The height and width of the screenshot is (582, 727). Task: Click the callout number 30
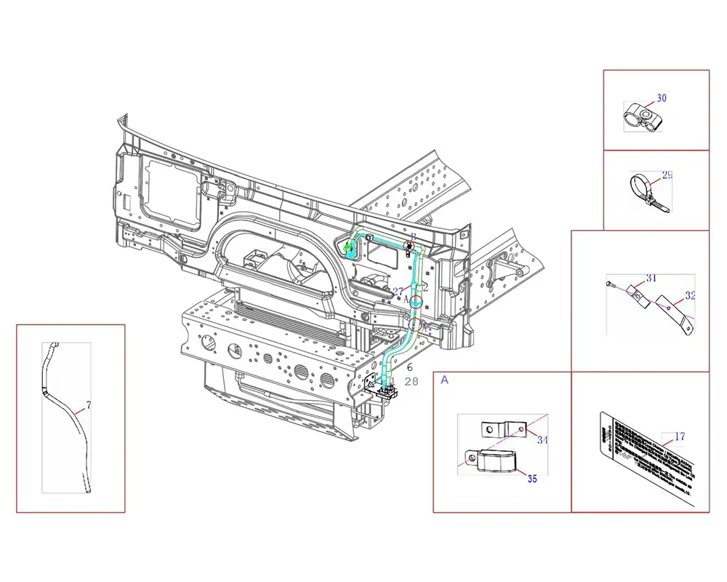[662, 98]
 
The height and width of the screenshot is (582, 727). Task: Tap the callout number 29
[667, 175]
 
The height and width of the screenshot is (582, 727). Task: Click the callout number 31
[651, 279]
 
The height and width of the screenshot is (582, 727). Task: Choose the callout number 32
[690, 296]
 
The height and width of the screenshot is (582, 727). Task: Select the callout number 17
[680, 437]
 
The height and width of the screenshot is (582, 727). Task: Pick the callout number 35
[532, 479]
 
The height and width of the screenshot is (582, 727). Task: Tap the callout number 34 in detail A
[542, 440]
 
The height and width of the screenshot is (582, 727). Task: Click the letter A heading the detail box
[444, 380]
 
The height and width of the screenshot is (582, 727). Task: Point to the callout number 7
[88, 404]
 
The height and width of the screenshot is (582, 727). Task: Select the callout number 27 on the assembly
[398, 291]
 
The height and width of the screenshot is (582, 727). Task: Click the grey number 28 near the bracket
[411, 381]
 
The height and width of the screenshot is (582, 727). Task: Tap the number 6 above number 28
[409, 368]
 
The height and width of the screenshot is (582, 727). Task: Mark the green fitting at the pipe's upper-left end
[348, 250]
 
